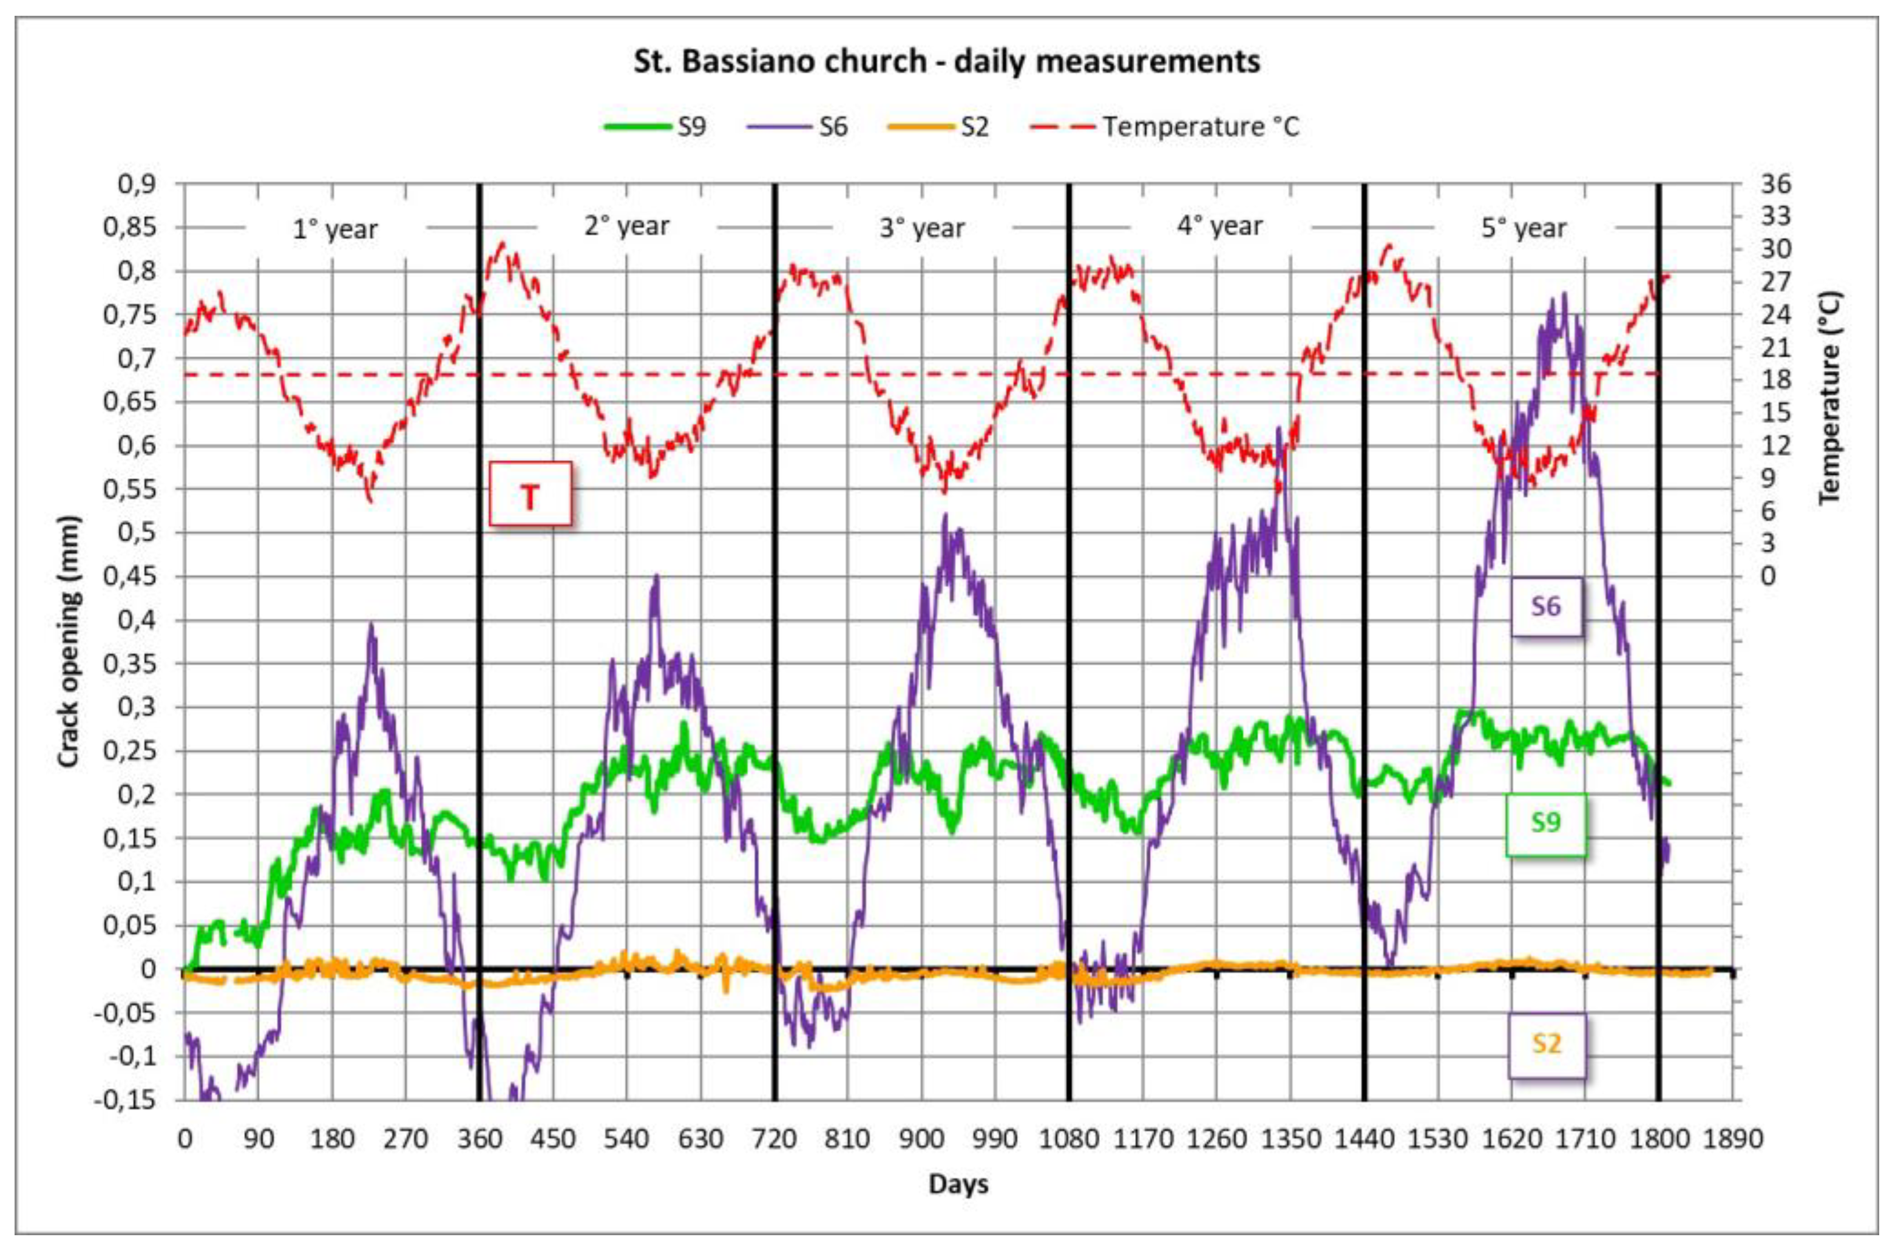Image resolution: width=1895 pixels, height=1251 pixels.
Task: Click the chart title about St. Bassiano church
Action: coord(946,61)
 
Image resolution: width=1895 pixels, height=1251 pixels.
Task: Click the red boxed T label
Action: coord(530,494)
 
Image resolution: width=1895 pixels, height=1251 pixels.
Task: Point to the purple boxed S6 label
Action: coord(1545,606)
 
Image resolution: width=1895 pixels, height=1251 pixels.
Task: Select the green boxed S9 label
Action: coord(1545,822)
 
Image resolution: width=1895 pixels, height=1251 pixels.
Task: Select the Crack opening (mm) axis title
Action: coord(69,642)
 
